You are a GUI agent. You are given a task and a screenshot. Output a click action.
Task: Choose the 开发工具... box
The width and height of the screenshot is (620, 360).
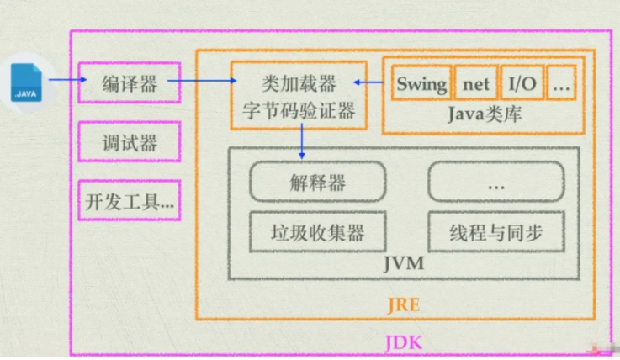[129, 201]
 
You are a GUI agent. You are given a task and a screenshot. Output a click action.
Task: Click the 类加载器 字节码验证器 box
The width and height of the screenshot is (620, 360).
[299, 95]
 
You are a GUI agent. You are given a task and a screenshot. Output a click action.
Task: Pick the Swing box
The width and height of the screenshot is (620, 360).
[421, 83]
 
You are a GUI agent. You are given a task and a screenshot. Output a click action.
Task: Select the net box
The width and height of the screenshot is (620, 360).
[475, 83]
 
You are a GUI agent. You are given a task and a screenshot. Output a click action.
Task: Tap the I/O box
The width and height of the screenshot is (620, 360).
[522, 83]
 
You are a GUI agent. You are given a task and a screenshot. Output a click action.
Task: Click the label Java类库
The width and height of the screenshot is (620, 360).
[485, 114]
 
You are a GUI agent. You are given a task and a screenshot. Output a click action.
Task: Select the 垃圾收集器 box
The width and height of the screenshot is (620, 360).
[317, 231]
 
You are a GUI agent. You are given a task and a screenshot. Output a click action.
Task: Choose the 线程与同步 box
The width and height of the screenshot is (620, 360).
[495, 231]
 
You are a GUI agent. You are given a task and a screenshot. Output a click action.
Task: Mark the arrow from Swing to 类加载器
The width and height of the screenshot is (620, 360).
[369, 82]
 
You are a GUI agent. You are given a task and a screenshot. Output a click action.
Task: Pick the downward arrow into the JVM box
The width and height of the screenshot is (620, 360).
[301, 144]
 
